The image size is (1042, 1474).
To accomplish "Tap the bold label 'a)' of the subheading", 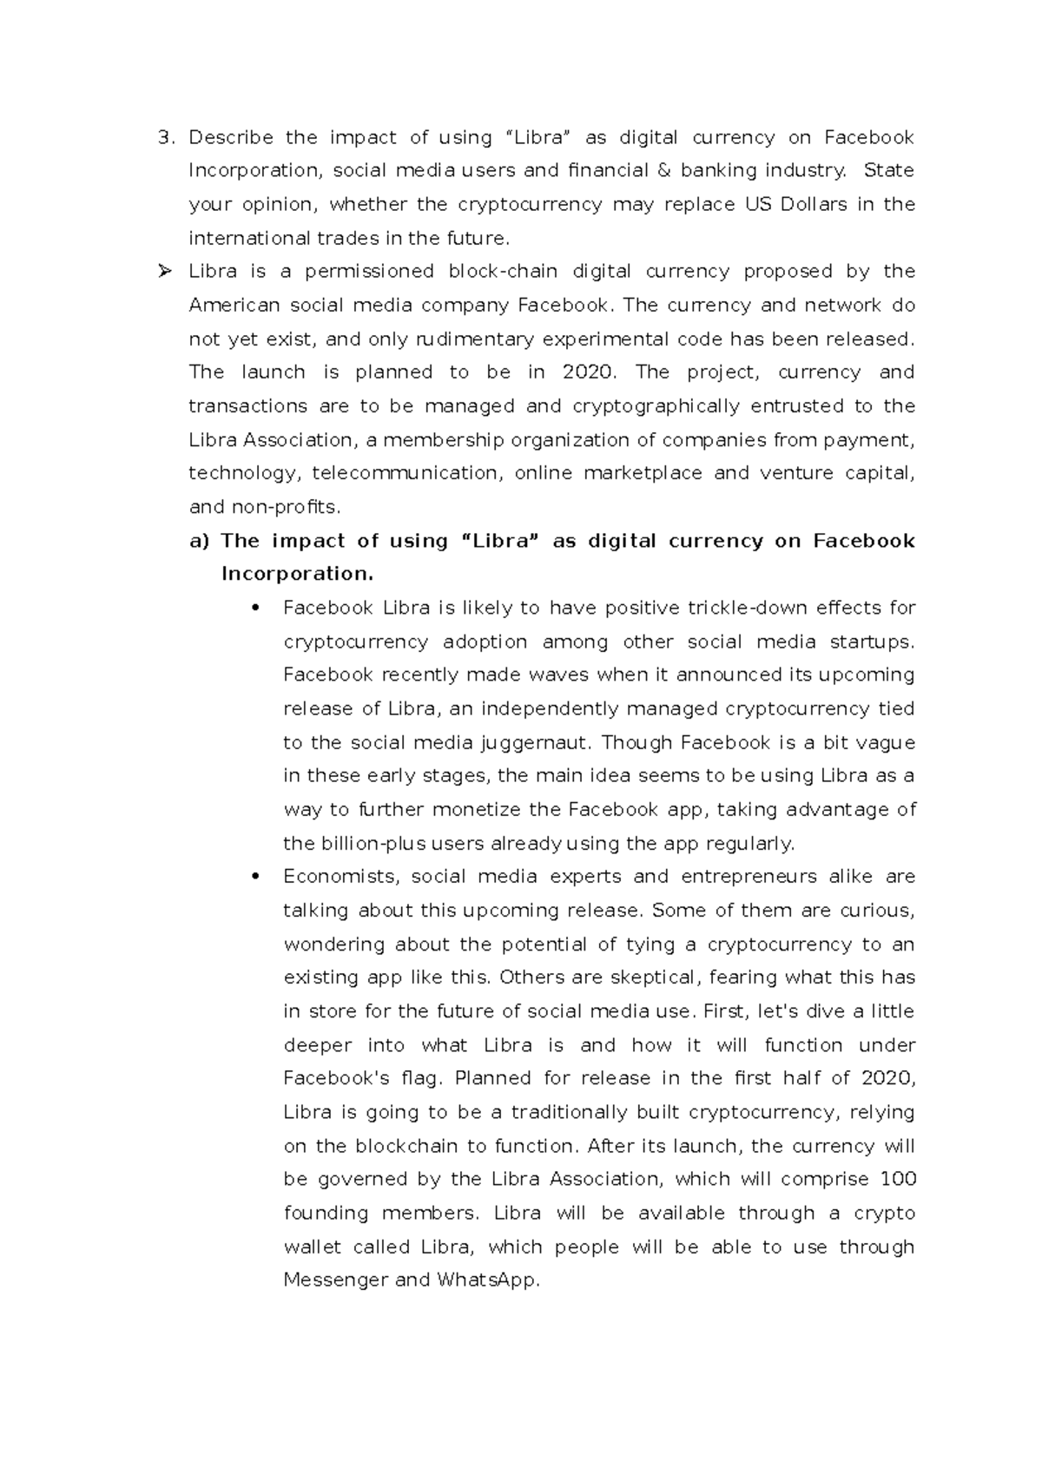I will (x=199, y=541).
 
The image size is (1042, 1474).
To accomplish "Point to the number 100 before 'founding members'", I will (x=898, y=1179).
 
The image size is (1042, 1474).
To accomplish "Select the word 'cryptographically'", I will (x=656, y=406).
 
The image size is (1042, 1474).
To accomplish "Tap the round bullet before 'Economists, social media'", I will (x=254, y=877).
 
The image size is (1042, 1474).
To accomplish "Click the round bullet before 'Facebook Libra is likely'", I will (x=254, y=608).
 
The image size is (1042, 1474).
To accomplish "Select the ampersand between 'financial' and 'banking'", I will (x=664, y=171).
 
